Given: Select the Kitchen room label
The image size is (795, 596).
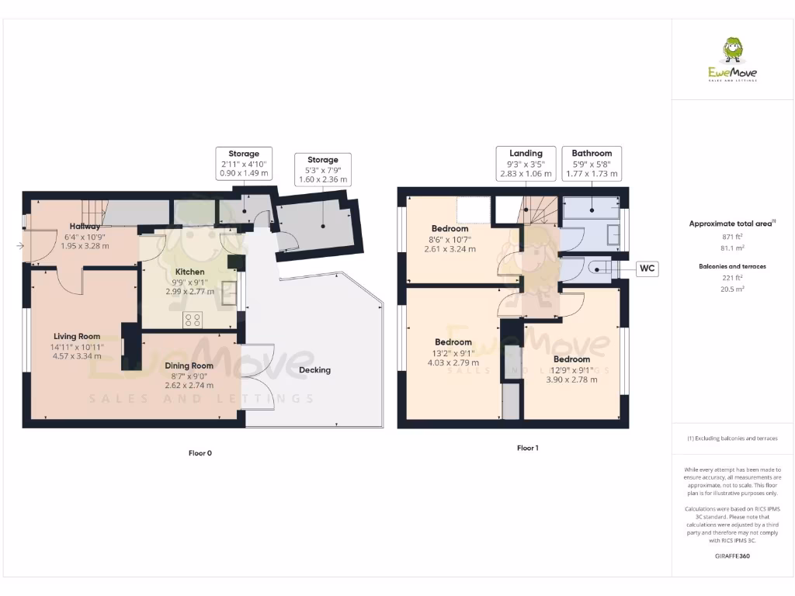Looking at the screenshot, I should coord(190,272).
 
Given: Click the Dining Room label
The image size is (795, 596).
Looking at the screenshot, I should coord(189,366).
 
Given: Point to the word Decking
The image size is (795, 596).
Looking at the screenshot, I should coord(314,370).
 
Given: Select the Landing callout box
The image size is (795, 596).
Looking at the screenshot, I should coord(526,164).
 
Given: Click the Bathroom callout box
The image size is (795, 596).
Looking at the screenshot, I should coord(592,164).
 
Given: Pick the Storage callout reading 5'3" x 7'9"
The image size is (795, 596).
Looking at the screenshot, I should coord(322,170).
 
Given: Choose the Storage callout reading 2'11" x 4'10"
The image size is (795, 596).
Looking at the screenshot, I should coord(244,164).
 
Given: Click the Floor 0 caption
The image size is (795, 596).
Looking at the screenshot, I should coord(200,453).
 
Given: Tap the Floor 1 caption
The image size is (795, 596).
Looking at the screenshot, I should coord(527,448).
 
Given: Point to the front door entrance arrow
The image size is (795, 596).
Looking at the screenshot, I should coord(19,246).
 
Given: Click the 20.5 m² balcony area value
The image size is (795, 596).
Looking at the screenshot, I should coord(732,288).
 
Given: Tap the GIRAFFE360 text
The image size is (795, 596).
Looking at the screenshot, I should coord(732,556).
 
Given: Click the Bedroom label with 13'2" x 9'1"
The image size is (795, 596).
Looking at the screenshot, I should coord(453,342).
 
